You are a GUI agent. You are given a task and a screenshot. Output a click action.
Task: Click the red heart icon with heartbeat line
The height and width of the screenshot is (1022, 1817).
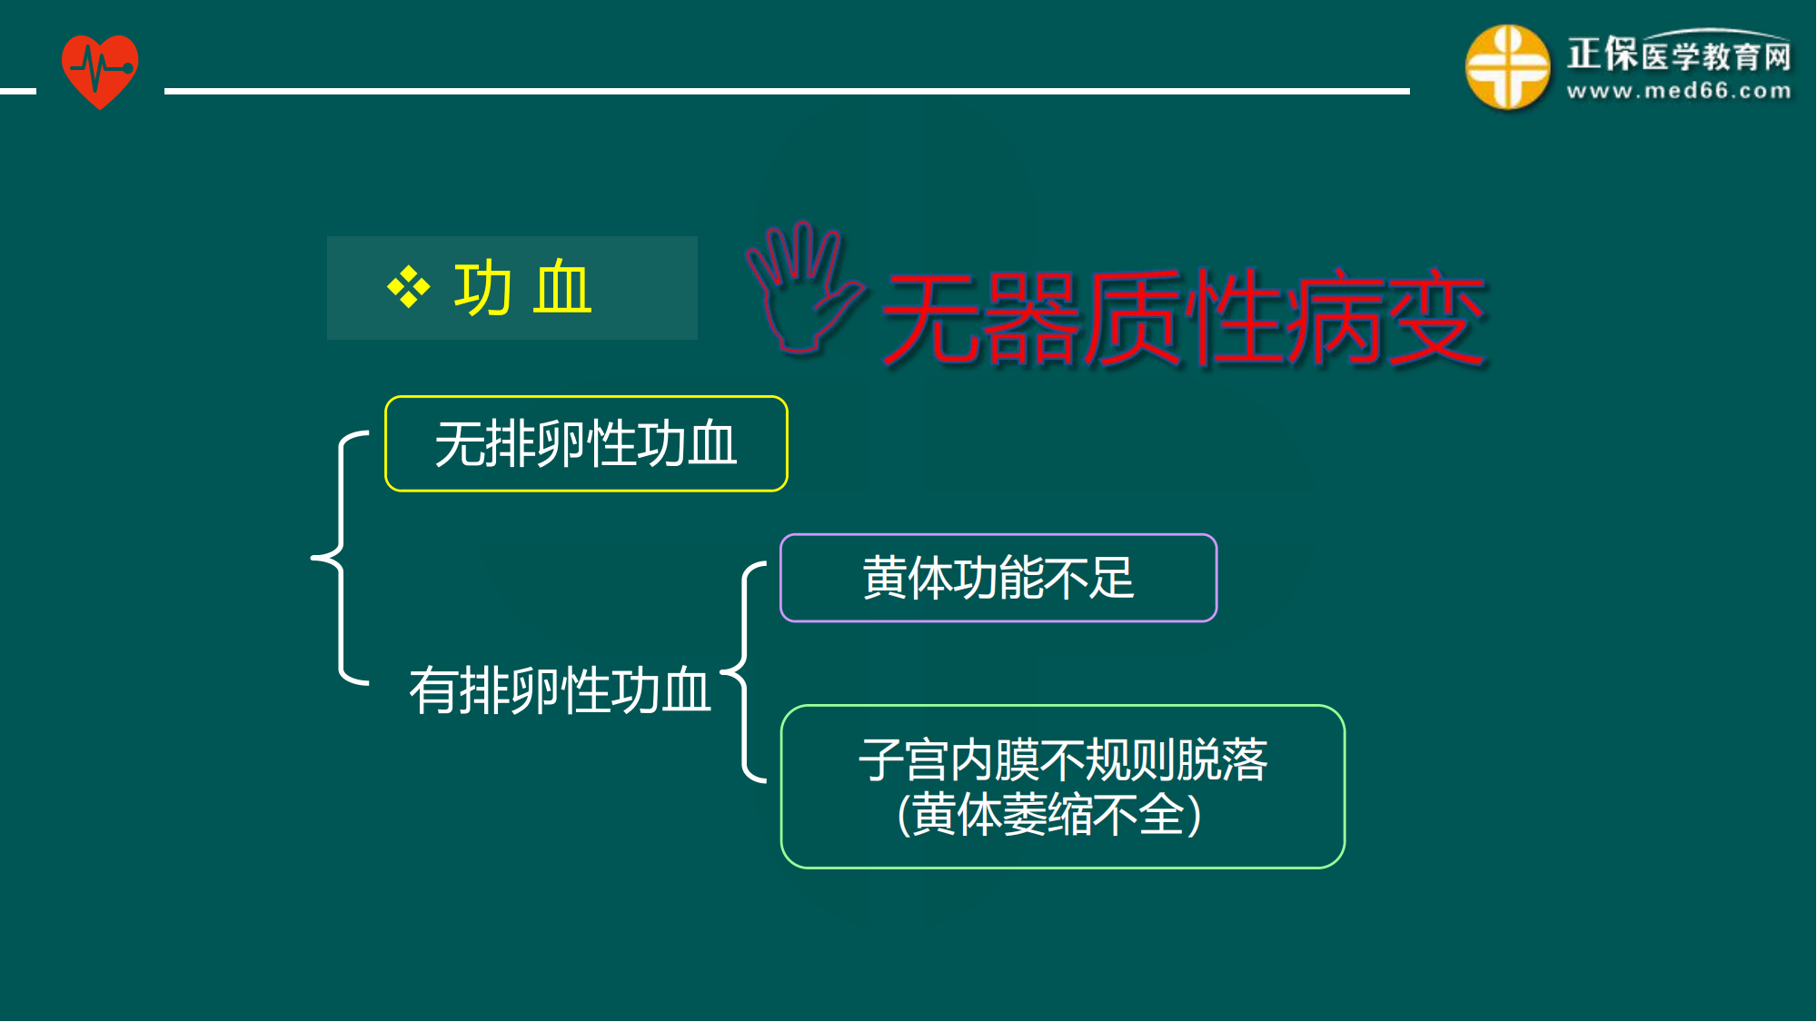coord(100,71)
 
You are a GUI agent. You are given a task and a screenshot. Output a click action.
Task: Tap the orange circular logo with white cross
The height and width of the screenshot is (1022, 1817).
coord(1507,67)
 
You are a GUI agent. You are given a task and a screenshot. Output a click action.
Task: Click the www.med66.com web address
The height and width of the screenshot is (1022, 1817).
coord(1679,91)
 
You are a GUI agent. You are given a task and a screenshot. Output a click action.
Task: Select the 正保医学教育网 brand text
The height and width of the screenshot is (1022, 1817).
coord(1679,55)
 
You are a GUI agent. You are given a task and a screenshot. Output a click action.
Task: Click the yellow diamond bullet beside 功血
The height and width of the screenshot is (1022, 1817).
coord(409,288)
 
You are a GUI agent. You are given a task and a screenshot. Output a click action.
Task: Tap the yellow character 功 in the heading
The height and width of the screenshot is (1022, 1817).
coord(482,288)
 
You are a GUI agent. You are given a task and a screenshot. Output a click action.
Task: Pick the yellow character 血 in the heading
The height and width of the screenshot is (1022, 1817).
coord(563,288)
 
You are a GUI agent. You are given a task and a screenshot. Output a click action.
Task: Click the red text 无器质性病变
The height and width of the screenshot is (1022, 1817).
coord(1184,318)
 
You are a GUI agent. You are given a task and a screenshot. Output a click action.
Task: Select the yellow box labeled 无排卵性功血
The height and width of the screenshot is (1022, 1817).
coord(586,444)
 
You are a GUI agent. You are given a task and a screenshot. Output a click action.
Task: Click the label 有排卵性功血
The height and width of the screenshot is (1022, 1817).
coord(560,690)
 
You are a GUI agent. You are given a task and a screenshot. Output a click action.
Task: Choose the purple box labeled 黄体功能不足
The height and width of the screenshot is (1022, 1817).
coord(998,578)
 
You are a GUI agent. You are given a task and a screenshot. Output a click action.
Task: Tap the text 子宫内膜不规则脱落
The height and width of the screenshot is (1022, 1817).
coord(1063,759)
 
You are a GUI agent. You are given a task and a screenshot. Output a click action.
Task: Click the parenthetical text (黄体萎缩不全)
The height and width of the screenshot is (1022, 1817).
coord(1049,814)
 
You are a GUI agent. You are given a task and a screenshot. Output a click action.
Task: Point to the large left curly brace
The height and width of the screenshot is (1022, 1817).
coord(341,557)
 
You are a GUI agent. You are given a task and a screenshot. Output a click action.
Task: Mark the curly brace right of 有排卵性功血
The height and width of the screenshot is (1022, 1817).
coord(745,671)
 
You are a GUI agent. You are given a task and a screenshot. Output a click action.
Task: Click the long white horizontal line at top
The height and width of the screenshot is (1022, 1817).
coord(787,91)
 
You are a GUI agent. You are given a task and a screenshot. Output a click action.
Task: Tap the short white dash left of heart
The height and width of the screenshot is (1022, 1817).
coord(18,91)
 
